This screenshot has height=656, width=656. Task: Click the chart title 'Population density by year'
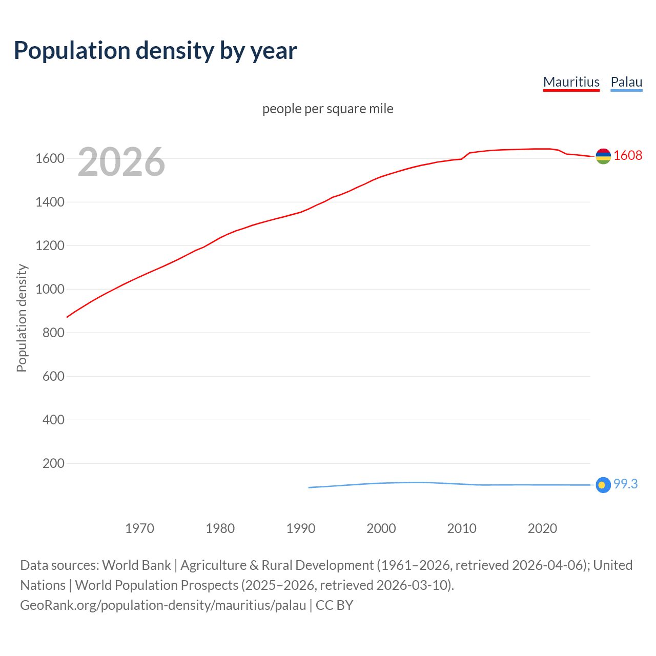point(155,51)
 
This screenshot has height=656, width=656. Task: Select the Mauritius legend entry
point(571,82)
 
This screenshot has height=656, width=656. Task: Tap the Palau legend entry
point(626,82)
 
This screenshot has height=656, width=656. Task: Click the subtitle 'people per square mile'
point(327,109)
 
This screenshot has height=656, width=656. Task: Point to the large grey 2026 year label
point(121,162)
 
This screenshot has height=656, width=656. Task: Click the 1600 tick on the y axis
point(50,158)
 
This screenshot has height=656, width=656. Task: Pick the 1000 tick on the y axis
point(50,289)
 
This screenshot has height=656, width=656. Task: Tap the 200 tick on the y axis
point(53,463)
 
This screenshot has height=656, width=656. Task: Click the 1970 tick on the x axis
point(139,528)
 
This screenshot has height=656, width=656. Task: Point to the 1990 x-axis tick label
point(301,528)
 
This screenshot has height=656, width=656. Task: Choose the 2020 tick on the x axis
point(542,528)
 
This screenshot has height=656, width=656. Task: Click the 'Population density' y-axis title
point(22,318)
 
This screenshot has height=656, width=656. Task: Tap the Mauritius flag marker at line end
point(603,156)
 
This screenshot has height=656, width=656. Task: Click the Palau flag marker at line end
point(603,485)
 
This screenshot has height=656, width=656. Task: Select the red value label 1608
point(628,155)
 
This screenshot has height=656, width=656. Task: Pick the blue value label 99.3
point(625,484)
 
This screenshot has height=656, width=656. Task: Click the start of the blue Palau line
point(309,487)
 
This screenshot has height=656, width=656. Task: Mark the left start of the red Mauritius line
point(67,317)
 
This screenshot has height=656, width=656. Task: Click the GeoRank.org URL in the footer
point(163,605)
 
